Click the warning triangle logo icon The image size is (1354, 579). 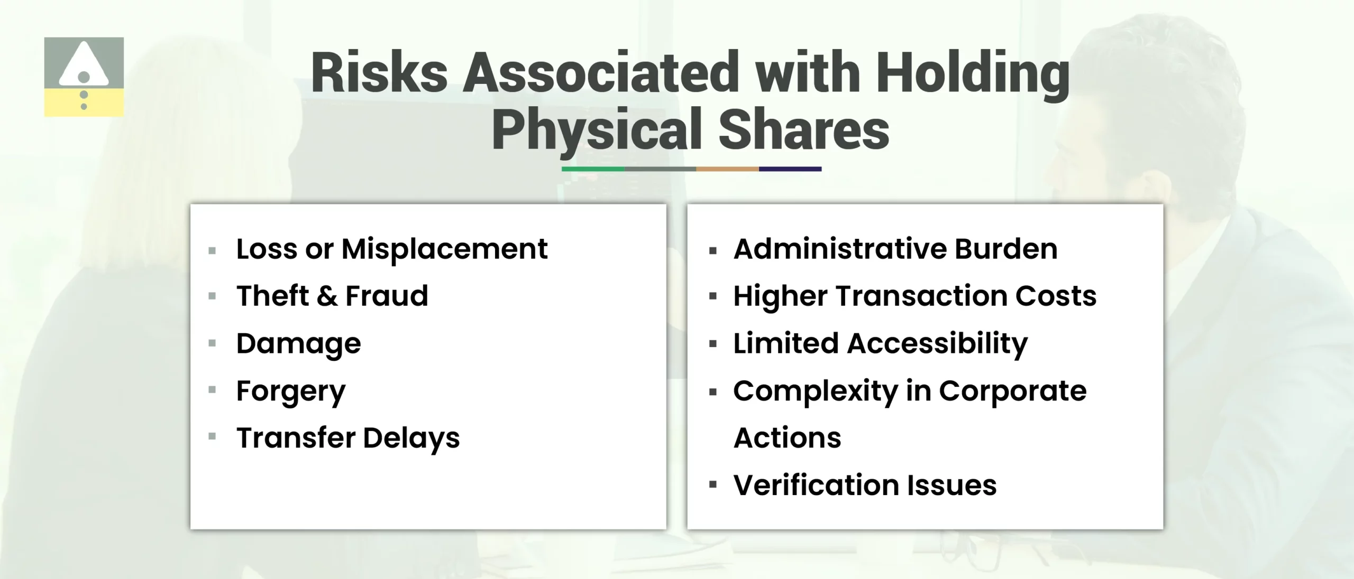(x=84, y=76)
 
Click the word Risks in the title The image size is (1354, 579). (x=379, y=73)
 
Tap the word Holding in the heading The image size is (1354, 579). (x=973, y=74)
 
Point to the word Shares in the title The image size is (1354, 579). (x=803, y=130)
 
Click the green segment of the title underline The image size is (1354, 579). (x=593, y=169)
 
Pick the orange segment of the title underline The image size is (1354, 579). (x=727, y=169)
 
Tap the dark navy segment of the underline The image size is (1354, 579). (x=790, y=169)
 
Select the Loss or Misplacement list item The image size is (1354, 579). (x=391, y=249)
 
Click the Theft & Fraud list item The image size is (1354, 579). (x=332, y=296)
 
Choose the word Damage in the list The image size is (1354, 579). (x=298, y=343)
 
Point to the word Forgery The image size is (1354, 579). (x=291, y=391)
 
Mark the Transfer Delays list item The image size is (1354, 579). (x=348, y=438)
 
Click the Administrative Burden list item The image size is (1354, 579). (x=895, y=249)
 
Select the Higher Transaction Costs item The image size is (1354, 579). (x=914, y=296)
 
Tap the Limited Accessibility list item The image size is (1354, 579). (x=880, y=343)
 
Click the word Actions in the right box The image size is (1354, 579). (x=787, y=438)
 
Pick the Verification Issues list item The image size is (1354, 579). (x=865, y=485)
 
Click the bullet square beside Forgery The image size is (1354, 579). (x=213, y=390)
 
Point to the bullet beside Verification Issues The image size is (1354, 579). (x=713, y=484)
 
